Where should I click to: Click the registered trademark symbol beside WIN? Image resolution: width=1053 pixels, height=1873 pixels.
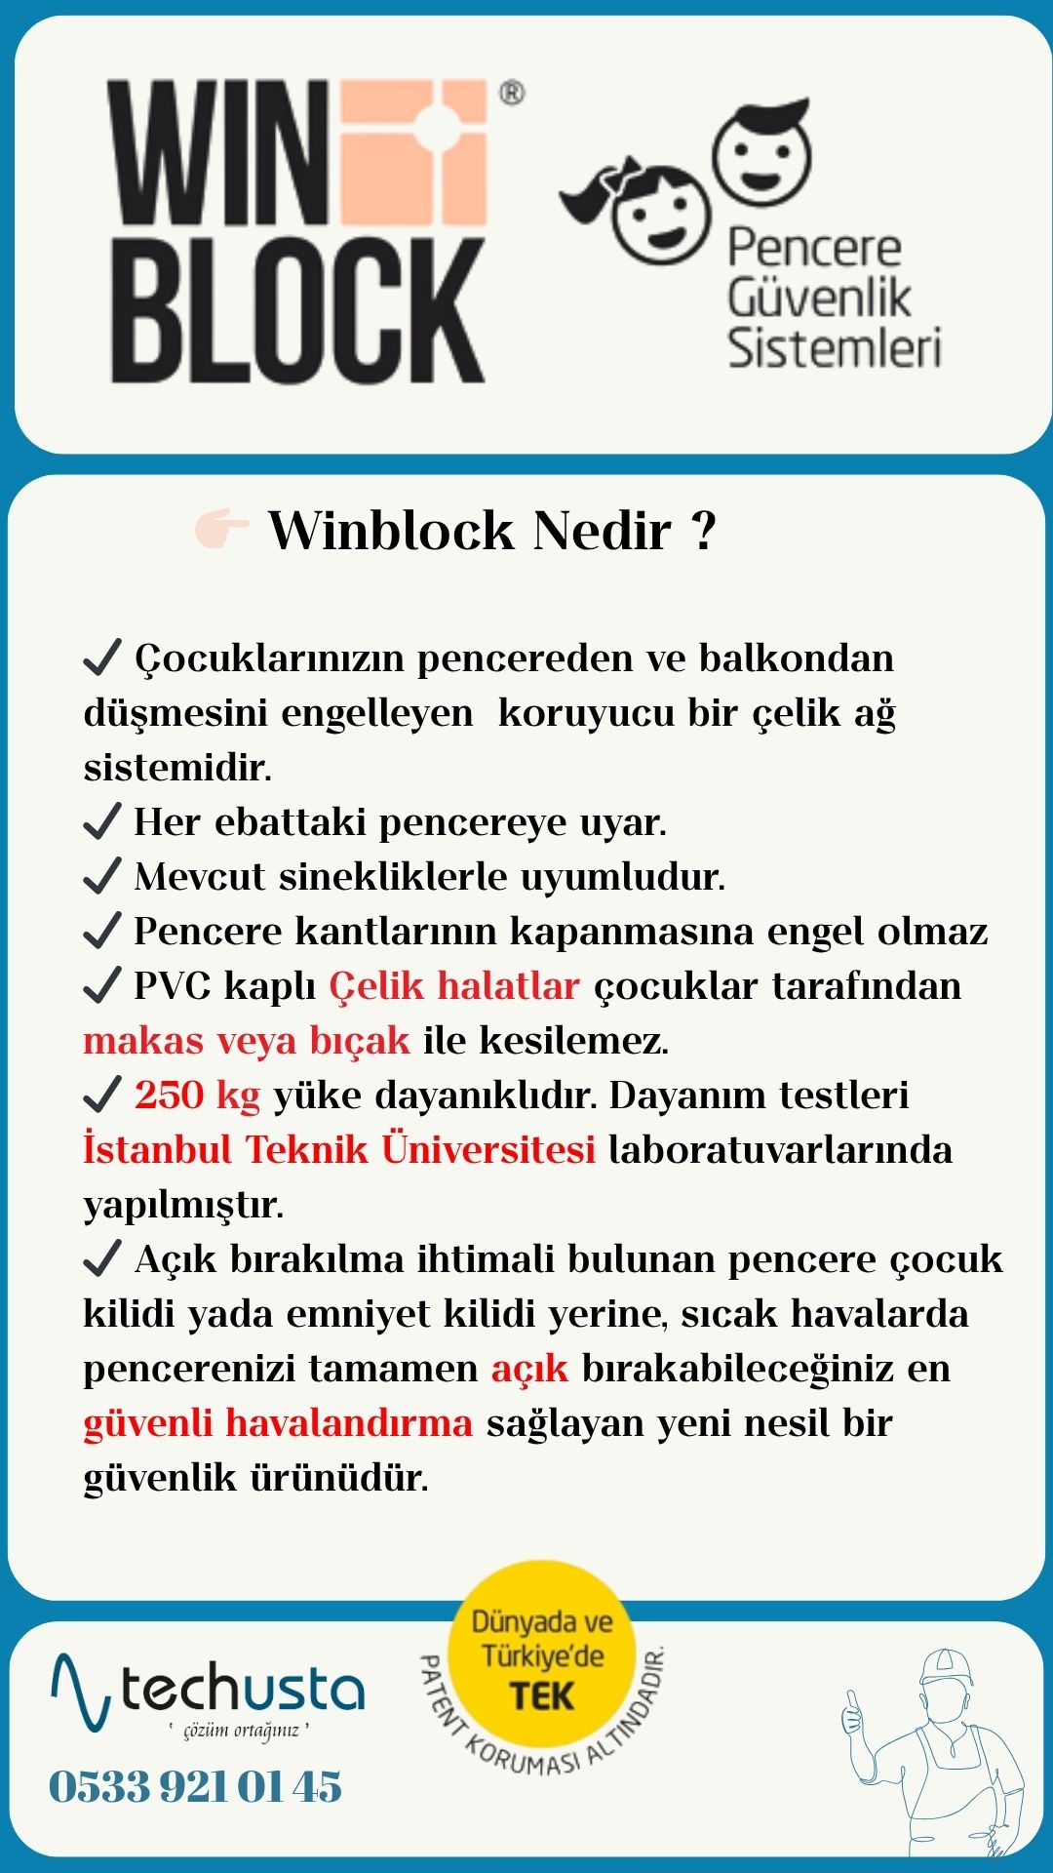[x=511, y=94]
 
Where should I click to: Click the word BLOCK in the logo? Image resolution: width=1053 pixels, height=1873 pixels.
[x=297, y=311]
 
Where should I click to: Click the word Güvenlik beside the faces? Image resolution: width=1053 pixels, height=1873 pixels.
[x=819, y=298]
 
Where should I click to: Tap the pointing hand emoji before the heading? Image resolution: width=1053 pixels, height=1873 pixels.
[x=221, y=529]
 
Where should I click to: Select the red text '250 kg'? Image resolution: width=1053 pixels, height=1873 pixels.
[x=197, y=1095]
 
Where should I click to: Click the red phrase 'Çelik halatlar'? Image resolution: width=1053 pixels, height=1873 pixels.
[x=454, y=985]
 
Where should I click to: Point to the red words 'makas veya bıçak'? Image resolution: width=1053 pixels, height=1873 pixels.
[x=247, y=1040]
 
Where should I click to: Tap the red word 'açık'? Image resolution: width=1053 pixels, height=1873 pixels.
[x=529, y=1368]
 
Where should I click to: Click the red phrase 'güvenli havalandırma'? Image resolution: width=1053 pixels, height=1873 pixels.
[x=278, y=1422]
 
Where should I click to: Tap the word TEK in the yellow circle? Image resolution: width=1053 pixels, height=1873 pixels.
[x=542, y=1695]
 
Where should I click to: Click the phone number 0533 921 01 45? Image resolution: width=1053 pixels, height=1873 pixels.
[x=196, y=1787]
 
